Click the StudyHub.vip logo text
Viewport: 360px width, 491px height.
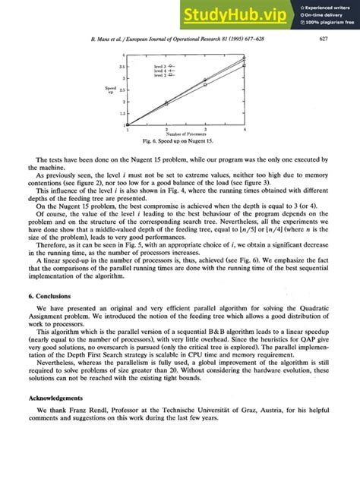coord(238,14)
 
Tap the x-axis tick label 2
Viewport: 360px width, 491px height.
coord(166,130)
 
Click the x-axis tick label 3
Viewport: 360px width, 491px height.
coord(205,130)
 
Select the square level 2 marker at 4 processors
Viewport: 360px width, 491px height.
coord(244,66)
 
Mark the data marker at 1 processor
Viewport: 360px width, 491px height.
coord(128,124)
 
